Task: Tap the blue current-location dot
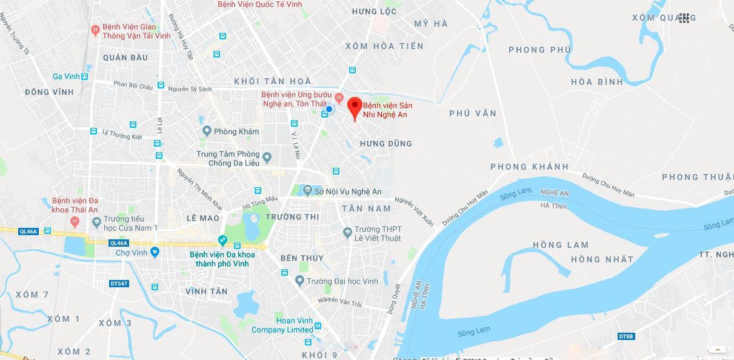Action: click(329, 109)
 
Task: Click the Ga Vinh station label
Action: click(67, 76)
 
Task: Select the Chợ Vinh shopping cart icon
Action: click(156, 252)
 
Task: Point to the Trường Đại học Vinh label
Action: click(342, 281)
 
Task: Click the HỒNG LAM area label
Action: click(561, 245)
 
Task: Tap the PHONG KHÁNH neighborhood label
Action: click(529, 167)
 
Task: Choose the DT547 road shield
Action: click(119, 283)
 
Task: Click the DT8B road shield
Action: click(626, 336)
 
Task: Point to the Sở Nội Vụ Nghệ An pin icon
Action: click(308, 192)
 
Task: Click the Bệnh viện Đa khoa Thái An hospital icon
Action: click(75, 221)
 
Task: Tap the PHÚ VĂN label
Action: click(473, 113)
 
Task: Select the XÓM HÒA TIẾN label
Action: click(384, 46)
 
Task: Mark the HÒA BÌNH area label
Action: click(597, 82)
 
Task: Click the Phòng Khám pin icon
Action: click(207, 131)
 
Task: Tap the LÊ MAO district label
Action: click(203, 218)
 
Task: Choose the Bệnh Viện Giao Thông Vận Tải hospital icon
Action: click(95, 30)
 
